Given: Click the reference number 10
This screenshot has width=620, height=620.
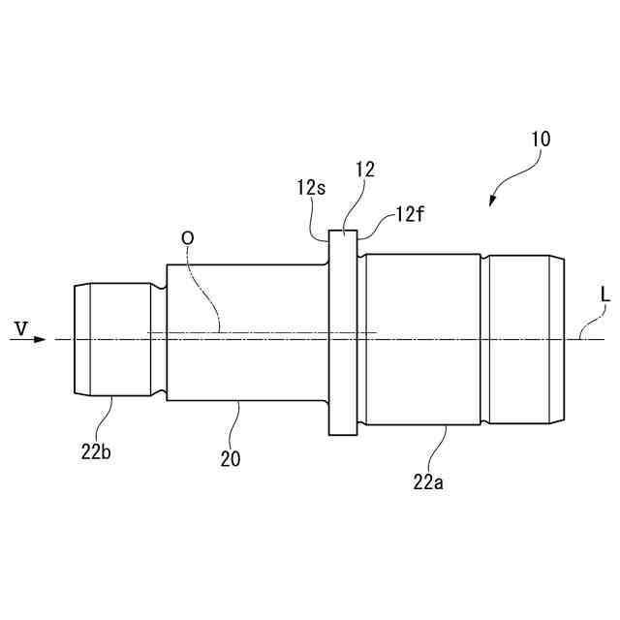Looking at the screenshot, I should pos(541,139).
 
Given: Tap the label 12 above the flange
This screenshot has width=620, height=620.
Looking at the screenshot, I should pos(364,170).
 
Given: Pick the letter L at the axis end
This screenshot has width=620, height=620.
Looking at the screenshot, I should pos(604,293).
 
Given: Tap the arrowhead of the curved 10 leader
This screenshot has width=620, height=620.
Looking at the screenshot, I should pos(493,201).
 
